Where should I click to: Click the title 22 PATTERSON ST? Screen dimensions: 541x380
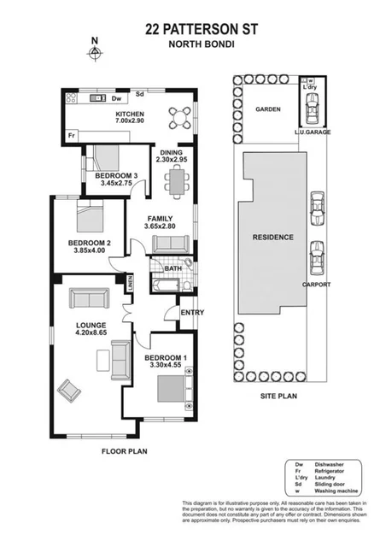click(x=190, y=28)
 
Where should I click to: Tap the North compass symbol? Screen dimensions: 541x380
click(x=95, y=51)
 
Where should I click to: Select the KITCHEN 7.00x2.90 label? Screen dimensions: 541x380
click(x=130, y=119)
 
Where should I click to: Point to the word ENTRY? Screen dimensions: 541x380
click(x=192, y=312)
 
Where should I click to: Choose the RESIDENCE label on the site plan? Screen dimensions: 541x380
click(x=272, y=237)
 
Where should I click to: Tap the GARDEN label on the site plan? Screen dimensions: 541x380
click(x=268, y=109)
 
